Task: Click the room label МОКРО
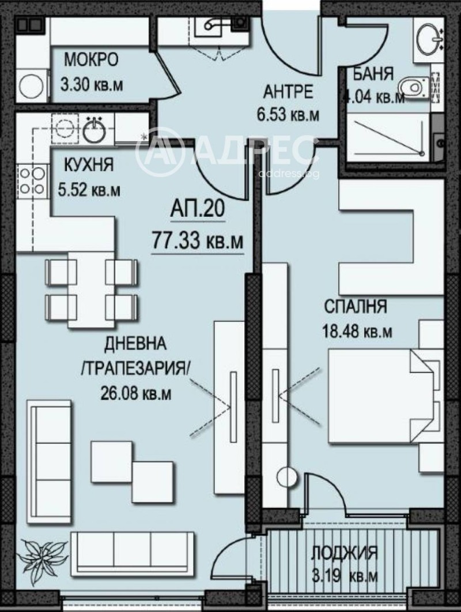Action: point(90,59)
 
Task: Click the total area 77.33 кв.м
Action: point(197,239)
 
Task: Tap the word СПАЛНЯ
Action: point(355,306)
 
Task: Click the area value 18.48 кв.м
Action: point(357,332)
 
